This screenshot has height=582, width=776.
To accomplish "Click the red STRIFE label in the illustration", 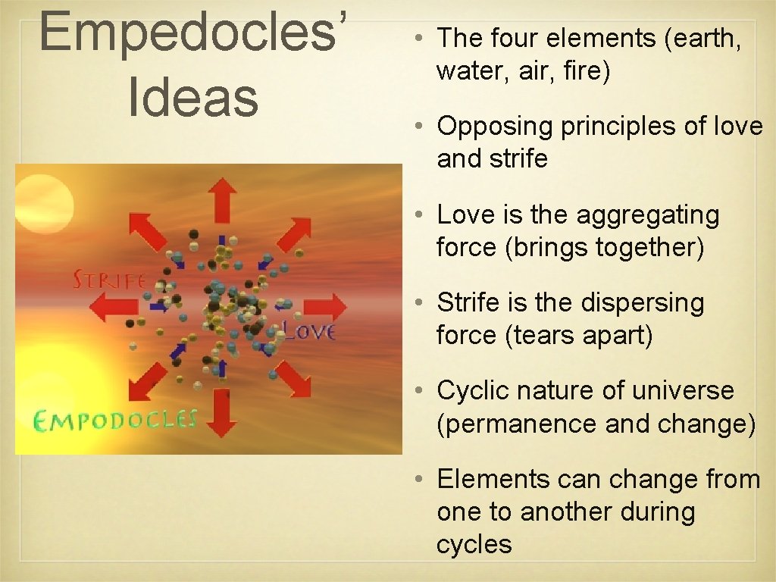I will pyautogui.click(x=108, y=280).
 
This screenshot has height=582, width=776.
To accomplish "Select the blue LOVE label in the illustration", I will pyautogui.click(x=308, y=330).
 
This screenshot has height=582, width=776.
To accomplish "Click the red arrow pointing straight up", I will pyautogui.click(x=222, y=199).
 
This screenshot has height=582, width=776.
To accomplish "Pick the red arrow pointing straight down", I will pyautogui.click(x=222, y=414).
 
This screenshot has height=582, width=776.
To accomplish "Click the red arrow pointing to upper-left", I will pyautogui.click(x=147, y=230).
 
